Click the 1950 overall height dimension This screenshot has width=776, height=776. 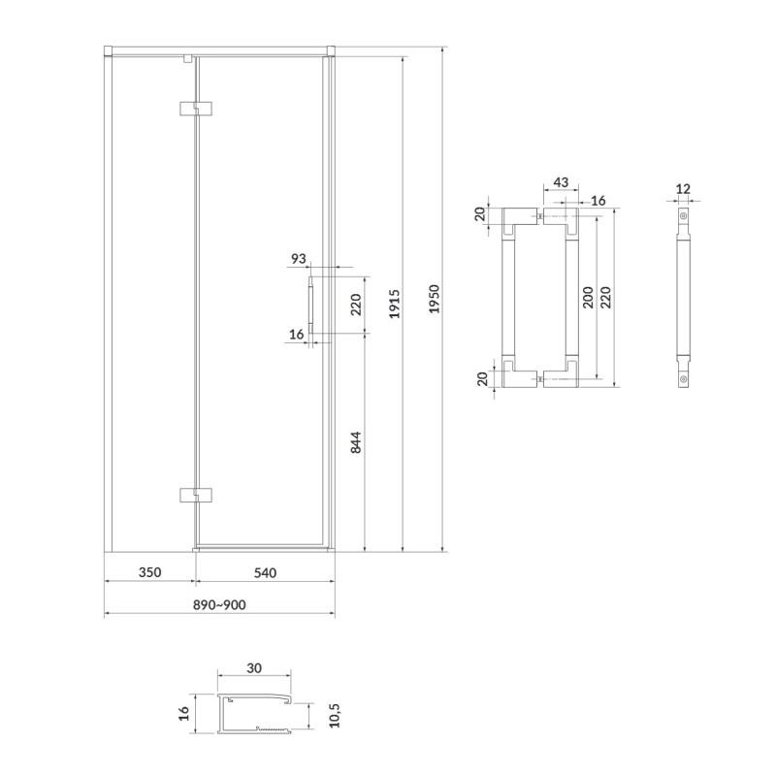pos(434,299)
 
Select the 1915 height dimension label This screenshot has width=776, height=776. pos(395,304)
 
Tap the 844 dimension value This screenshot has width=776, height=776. pos(356,442)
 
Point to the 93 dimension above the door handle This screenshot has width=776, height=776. pos(299,258)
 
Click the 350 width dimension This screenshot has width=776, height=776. pos(149,572)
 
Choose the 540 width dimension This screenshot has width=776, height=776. pos(265,572)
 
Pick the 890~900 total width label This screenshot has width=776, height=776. pos(219,604)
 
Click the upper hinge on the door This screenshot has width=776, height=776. pos(196,109)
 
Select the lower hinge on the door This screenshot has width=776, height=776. pos(196,495)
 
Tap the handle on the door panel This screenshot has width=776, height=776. pos(310,306)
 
